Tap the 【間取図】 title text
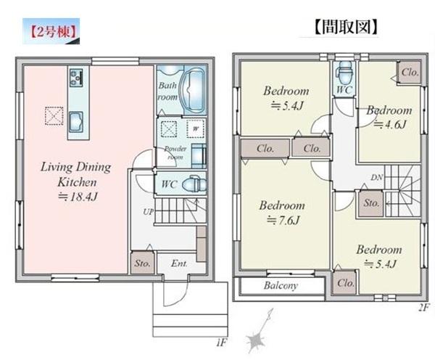(346, 27)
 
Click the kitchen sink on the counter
(75, 122)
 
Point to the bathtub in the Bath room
(193, 89)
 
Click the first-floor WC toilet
(194, 184)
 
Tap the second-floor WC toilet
(344, 73)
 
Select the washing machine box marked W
(196, 128)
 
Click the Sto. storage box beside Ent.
(142, 263)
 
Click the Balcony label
(281, 285)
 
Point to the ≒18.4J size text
(78, 197)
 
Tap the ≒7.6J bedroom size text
(283, 221)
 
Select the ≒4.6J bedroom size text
(390, 124)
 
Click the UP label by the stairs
(148, 212)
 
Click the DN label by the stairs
(377, 177)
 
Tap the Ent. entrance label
(179, 263)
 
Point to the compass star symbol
(254, 340)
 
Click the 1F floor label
(221, 343)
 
